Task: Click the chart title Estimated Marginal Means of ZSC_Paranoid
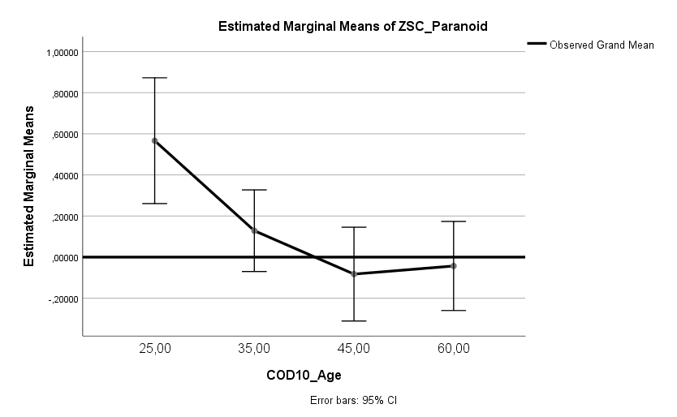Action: (x=352, y=26)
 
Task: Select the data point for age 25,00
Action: (x=155, y=140)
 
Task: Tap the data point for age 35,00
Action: (x=254, y=230)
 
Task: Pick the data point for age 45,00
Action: (x=354, y=274)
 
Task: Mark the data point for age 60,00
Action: (x=453, y=265)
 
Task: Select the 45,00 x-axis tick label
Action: (x=354, y=349)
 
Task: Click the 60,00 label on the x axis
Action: (x=453, y=349)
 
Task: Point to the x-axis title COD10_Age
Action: (x=304, y=375)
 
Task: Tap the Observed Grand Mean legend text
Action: (x=602, y=45)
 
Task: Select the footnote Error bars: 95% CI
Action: (x=352, y=401)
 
